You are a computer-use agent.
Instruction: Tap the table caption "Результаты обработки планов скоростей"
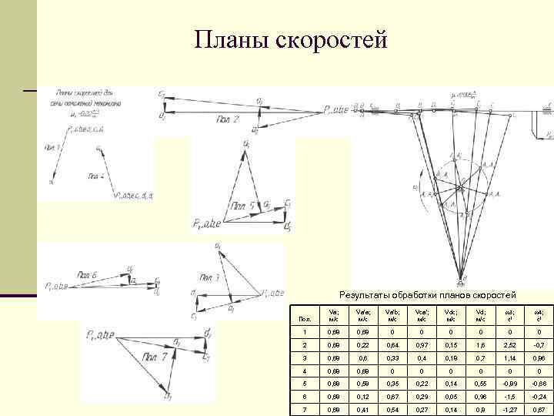(x=428, y=295)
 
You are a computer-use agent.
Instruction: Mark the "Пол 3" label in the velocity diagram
(x=210, y=277)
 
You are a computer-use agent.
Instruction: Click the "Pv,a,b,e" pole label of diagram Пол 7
(x=98, y=334)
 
